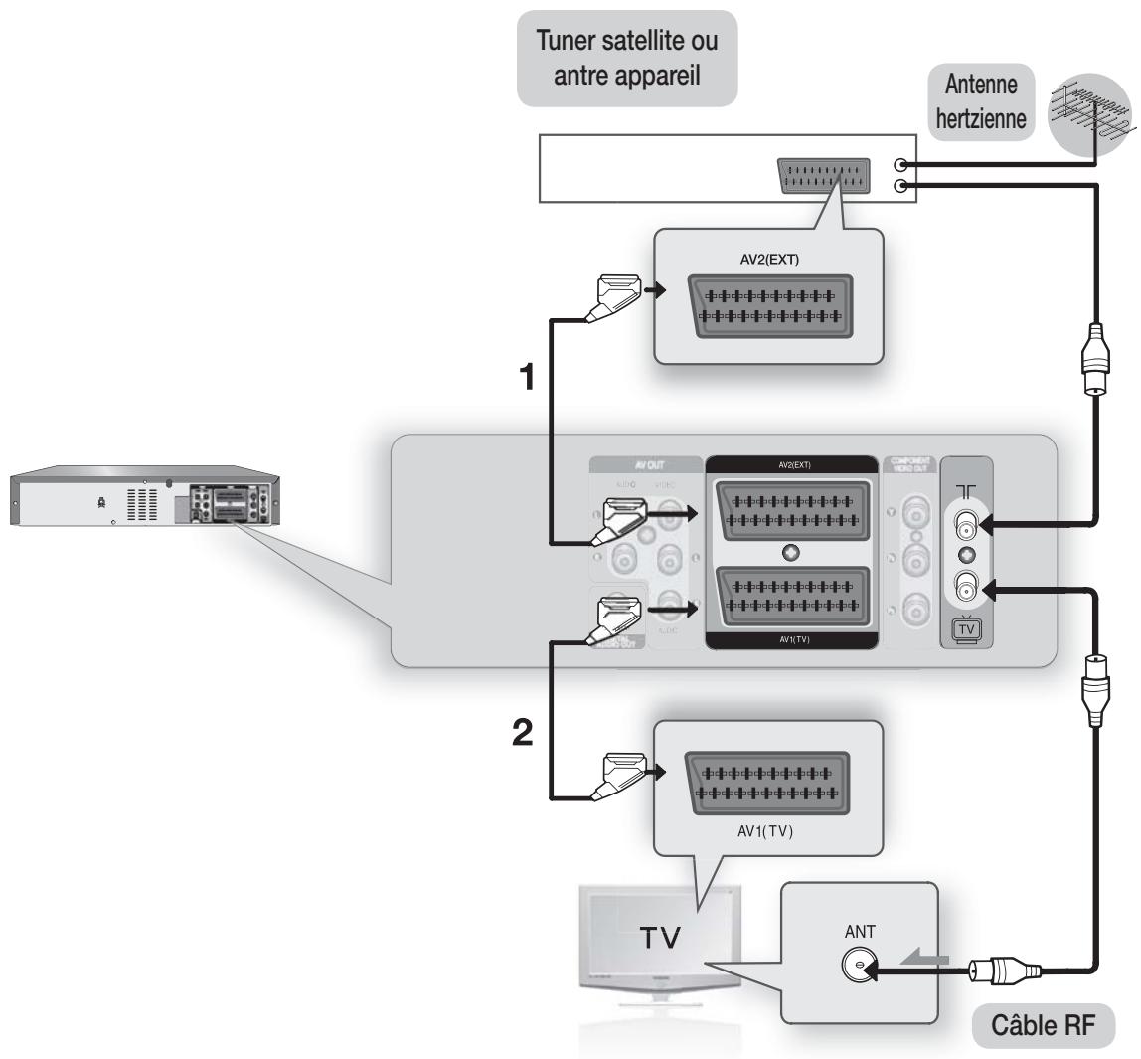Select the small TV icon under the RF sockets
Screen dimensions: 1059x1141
click(x=964, y=629)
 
